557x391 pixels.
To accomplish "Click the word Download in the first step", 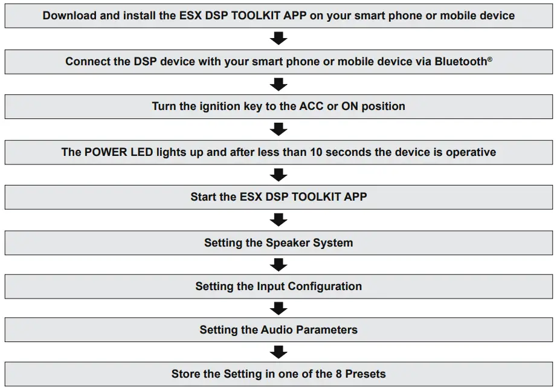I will (69, 16).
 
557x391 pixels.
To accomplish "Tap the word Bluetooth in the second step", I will (460, 62).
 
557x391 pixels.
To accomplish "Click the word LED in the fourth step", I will (138, 152).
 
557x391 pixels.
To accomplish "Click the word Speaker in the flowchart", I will (288, 243).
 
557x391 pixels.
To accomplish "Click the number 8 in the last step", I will (338, 374).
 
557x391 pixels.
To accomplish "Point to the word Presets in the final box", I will (365, 374).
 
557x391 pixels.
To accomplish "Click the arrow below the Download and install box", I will (278, 39).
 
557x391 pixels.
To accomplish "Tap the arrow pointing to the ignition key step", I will (278, 84).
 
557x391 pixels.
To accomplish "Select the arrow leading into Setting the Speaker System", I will (278, 220).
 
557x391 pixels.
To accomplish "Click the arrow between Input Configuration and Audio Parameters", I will (278, 308).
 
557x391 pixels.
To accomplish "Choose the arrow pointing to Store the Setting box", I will (278, 352).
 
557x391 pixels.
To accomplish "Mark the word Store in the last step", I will (187, 374).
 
